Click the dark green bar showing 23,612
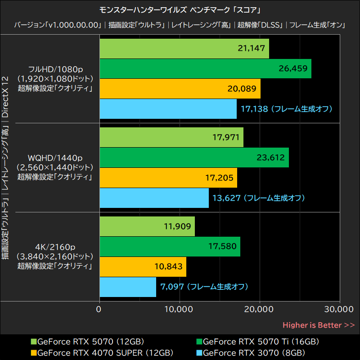point(193,157)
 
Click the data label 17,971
point(225,138)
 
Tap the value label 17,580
point(222,247)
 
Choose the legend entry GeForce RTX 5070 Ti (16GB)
point(261,342)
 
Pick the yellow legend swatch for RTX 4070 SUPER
point(33,352)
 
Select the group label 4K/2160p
point(55,247)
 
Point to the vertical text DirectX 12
point(6,97)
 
